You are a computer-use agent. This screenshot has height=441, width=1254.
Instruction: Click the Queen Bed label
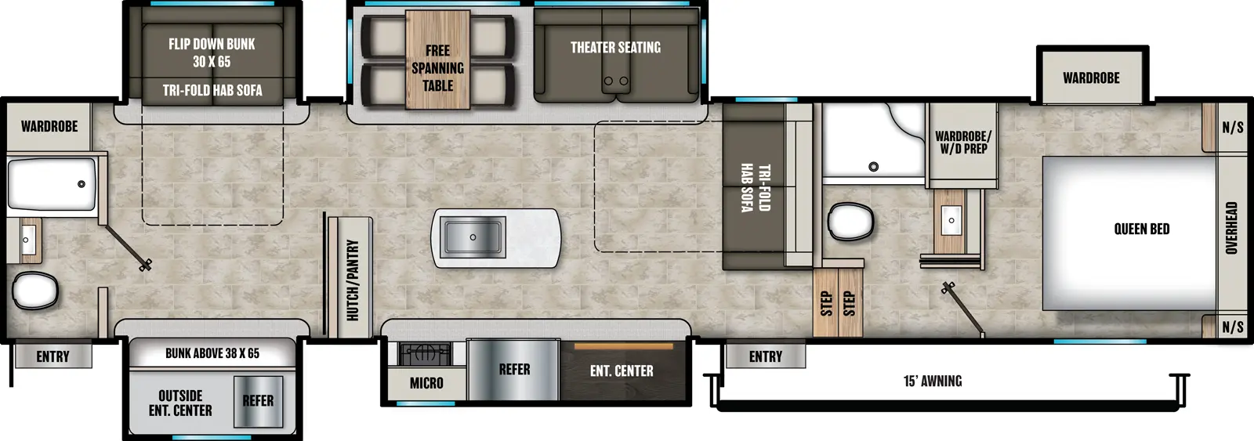pos(1141,229)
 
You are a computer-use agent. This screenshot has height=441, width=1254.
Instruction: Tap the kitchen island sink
pos(472,237)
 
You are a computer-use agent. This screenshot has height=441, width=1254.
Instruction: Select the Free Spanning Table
pos(437,68)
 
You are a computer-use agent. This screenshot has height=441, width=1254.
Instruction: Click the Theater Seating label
pos(615,48)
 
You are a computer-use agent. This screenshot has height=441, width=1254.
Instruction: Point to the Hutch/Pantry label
pos(353,280)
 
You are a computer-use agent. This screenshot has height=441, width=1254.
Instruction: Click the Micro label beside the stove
pos(426,383)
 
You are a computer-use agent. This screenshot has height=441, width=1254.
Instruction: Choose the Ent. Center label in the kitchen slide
pos(622,371)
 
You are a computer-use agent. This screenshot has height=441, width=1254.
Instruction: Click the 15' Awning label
pos(933,381)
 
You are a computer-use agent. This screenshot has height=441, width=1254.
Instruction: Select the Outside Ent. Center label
pos(180,403)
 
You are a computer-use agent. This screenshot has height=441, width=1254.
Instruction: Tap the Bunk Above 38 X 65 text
pos(212,353)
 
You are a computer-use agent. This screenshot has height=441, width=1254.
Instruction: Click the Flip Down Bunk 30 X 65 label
pos(212,52)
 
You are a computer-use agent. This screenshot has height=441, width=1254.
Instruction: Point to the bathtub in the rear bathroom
pos(52,184)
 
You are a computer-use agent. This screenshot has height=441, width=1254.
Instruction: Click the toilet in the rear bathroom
pos(35,291)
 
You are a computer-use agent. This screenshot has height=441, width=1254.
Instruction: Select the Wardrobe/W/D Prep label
pos(962,142)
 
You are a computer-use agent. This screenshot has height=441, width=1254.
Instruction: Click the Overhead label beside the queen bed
pos(1231,228)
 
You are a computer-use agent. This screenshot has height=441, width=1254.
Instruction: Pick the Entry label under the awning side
pos(765,356)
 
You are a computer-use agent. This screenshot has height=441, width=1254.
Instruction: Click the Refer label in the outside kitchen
pos(258,401)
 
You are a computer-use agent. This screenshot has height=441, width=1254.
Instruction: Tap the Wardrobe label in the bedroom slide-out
pos(1091,78)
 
